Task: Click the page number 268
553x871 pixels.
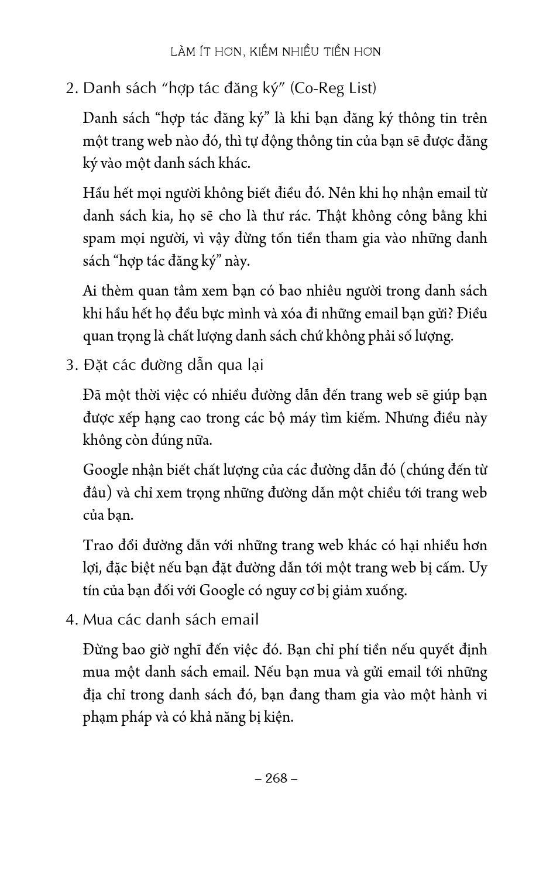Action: (276, 778)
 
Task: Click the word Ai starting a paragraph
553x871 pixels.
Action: (91, 291)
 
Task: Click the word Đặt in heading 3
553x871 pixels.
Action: (96, 365)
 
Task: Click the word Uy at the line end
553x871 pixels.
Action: (479, 568)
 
